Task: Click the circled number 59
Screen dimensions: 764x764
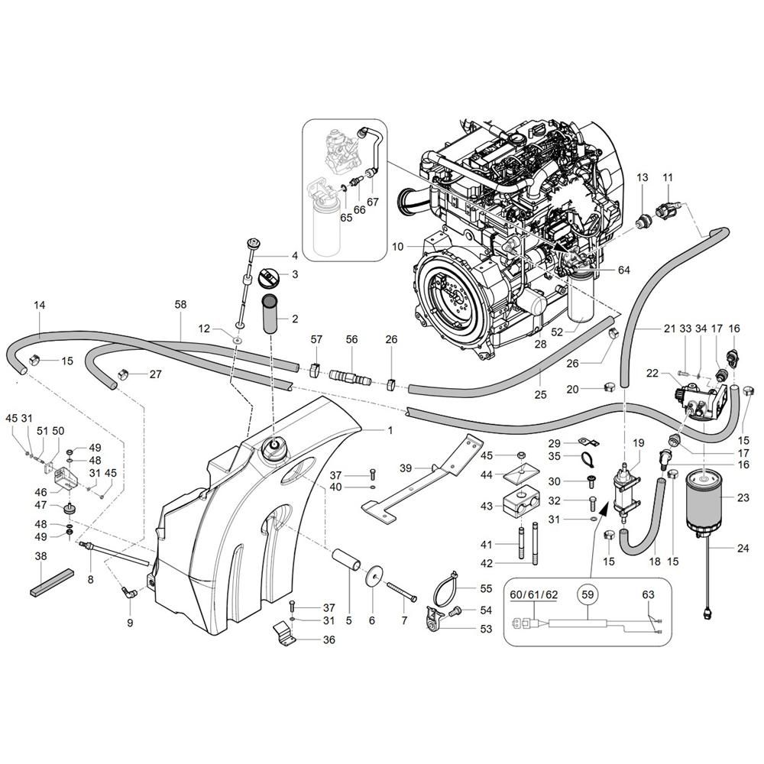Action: click(x=588, y=594)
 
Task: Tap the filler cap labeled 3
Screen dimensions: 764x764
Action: click(x=267, y=277)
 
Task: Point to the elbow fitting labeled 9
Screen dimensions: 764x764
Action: click(x=128, y=593)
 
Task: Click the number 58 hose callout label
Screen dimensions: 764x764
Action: click(x=180, y=305)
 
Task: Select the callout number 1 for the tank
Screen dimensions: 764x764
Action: click(x=390, y=430)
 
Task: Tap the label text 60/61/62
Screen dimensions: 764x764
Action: click(x=534, y=594)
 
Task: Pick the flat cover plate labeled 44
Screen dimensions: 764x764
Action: click(x=521, y=473)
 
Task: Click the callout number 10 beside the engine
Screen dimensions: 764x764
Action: click(x=397, y=247)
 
